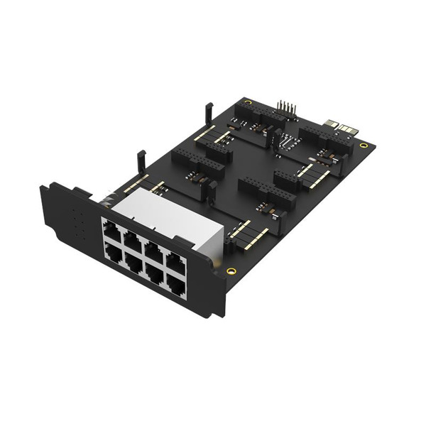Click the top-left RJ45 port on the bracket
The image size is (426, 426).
(111, 229)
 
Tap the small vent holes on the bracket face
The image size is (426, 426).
(79, 224)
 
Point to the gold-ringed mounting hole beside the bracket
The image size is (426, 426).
(230, 271)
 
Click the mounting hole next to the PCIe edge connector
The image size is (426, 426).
(364, 146)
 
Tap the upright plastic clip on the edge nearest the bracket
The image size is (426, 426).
(141, 160)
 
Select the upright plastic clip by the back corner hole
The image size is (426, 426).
(209, 111)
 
